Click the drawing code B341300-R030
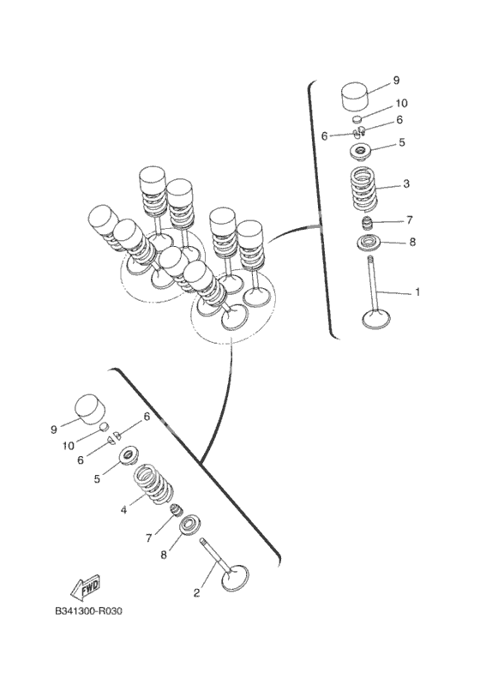[x=89, y=611]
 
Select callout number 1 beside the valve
[x=417, y=292]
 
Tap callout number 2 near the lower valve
[x=197, y=593]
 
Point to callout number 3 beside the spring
[x=406, y=184]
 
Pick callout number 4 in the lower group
[x=123, y=510]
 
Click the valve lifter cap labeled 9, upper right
[x=355, y=96]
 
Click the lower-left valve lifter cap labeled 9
[x=91, y=408]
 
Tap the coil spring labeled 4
[x=153, y=484]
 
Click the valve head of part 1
[x=376, y=320]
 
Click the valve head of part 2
[x=235, y=578]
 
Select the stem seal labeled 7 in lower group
[x=176, y=510]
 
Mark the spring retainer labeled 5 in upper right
[x=361, y=152]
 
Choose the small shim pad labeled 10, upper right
[x=357, y=119]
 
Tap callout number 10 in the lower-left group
[x=69, y=445]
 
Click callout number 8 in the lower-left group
[x=164, y=555]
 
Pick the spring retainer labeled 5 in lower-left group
[x=128, y=456]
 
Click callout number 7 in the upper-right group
[x=410, y=220]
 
